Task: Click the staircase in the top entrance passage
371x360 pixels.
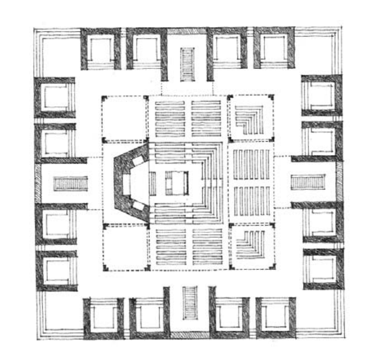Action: [x=187, y=64]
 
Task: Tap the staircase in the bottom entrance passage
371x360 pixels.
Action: [x=190, y=302]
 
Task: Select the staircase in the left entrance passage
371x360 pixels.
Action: [x=71, y=183]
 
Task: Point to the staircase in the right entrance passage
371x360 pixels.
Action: [x=308, y=182]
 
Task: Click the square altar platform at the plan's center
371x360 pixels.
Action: [x=176, y=183]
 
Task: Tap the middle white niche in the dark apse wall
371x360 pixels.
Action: [x=127, y=184]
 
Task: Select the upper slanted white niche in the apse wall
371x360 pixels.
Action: [x=138, y=161]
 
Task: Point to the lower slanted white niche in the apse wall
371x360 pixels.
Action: [x=138, y=206]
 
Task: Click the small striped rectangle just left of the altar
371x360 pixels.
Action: [x=152, y=183]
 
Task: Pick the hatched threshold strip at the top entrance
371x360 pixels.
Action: [x=187, y=31]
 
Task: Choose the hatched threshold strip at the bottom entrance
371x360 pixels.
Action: [x=189, y=335]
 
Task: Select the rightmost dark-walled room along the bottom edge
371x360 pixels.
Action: [x=276, y=318]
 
